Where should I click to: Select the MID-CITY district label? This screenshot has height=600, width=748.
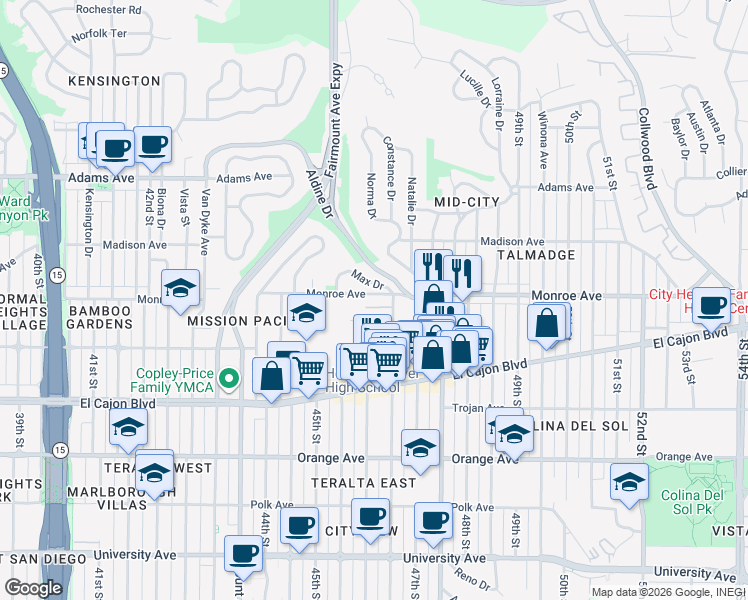click(x=467, y=202)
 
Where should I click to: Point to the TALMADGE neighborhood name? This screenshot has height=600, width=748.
click(x=541, y=255)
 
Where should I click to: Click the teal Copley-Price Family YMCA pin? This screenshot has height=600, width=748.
click(x=229, y=378)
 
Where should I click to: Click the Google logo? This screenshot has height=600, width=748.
click(x=33, y=587)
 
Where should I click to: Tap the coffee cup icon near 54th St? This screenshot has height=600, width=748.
click(x=711, y=305)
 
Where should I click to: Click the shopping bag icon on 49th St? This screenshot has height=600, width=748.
click(x=548, y=323)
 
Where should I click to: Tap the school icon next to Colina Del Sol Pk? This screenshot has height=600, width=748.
click(x=629, y=481)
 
